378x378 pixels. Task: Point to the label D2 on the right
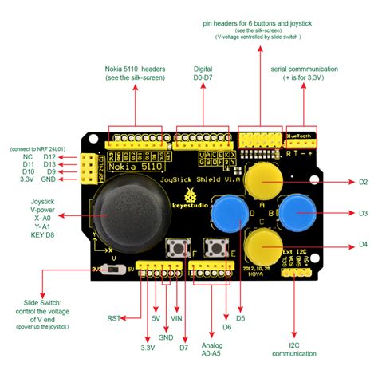(x=362, y=183)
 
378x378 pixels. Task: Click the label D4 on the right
(x=362, y=244)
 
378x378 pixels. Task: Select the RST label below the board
(x=115, y=318)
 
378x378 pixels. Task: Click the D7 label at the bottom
(x=183, y=348)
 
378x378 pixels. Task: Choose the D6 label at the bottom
(x=226, y=328)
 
